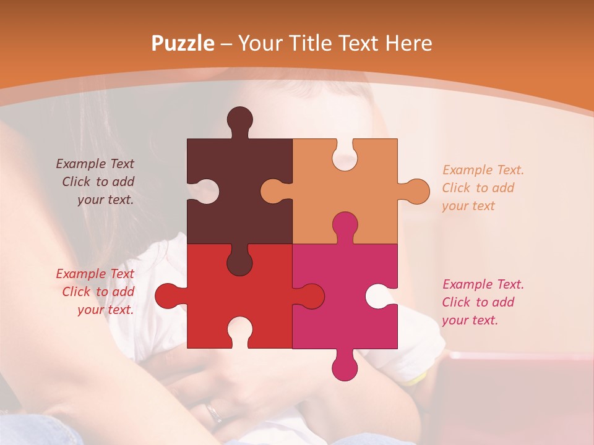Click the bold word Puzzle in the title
point(183,44)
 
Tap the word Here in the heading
point(408,44)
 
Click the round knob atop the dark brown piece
point(240,119)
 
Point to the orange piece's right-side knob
point(417,191)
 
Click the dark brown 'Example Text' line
point(95,164)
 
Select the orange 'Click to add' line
point(478,188)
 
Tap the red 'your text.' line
point(105,310)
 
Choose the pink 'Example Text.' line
point(483,284)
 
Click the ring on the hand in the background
point(214,412)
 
